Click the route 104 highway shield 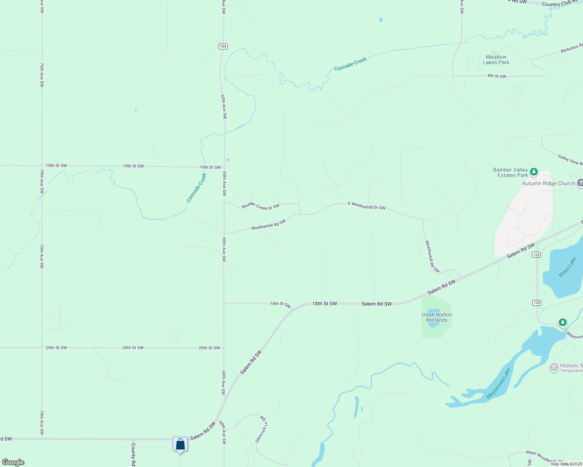click(223, 46)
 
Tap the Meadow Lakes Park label click(496, 60)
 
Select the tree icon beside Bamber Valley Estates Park click(534, 172)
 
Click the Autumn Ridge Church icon click(580, 183)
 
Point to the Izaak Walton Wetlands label click(437, 317)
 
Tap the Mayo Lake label click(567, 267)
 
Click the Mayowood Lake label click(498, 383)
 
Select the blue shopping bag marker click(180, 444)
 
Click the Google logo click(13, 462)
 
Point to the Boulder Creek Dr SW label click(260, 206)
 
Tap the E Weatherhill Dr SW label click(367, 205)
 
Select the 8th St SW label click(497, 76)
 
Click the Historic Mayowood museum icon click(554, 367)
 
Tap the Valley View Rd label click(570, 160)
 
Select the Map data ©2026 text click(566, 464)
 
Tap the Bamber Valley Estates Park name click(510, 172)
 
